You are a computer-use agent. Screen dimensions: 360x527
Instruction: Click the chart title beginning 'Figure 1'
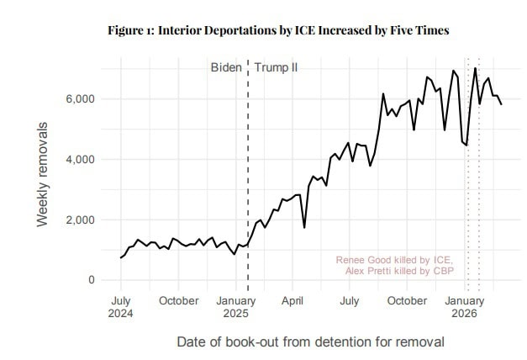pos(278,30)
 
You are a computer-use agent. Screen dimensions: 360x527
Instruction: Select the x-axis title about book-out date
pos(310,342)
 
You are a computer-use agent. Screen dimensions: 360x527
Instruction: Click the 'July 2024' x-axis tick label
pos(121,307)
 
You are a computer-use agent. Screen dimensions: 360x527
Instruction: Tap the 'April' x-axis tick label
pos(292,300)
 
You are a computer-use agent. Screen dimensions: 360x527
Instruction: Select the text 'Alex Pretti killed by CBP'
pos(398,272)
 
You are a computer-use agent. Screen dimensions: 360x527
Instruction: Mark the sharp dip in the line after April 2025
pos(304,227)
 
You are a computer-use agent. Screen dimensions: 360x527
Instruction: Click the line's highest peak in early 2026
pos(475,68)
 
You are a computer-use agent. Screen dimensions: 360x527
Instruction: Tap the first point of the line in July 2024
pos(121,257)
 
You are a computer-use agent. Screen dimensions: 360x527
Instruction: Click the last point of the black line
pos(502,104)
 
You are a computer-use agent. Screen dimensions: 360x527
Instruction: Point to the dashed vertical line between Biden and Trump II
pos(248,168)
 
